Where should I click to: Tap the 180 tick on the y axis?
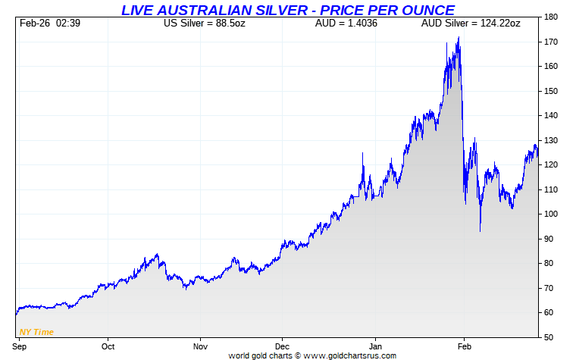(x=551, y=17)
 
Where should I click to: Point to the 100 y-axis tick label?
(x=551, y=214)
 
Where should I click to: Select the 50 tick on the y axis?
(x=549, y=337)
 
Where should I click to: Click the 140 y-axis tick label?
(x=551, y=116)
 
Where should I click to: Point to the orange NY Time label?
(x=36, y=331)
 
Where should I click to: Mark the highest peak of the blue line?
(x=459, y=38)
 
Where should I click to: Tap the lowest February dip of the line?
(x=480, y=230)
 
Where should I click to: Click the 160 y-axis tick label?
(x=551, y=67)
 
